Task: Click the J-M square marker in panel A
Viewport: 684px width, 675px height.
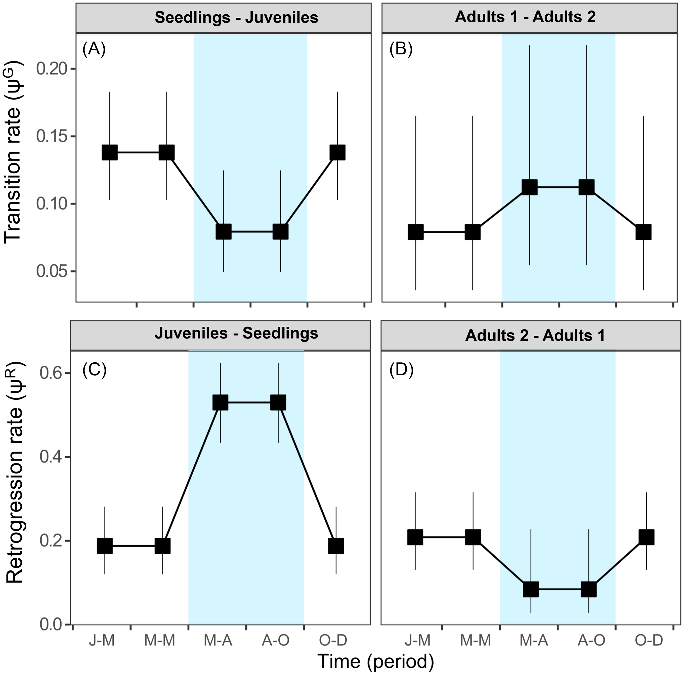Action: pyautogui.click(x=110, y=152)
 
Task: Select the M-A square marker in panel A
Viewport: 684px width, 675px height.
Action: pyautogui.click(x=224, y=231)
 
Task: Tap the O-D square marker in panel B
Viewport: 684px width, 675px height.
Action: pyautogui.click(x=643, y=232)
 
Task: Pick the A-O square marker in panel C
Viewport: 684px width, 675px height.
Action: pyautogui.click(x=278, y=402)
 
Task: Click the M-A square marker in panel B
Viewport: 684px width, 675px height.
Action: pyautogui.click(x=530, y=187)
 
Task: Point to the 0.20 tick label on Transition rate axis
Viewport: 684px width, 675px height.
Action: pyautogui.click(x=52, y=69)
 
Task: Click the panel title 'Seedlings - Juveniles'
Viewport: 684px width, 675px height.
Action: pyautogui.click(x=236, y=18)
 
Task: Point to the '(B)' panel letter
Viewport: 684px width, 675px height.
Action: pyautogui.click(x=401, y=50)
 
